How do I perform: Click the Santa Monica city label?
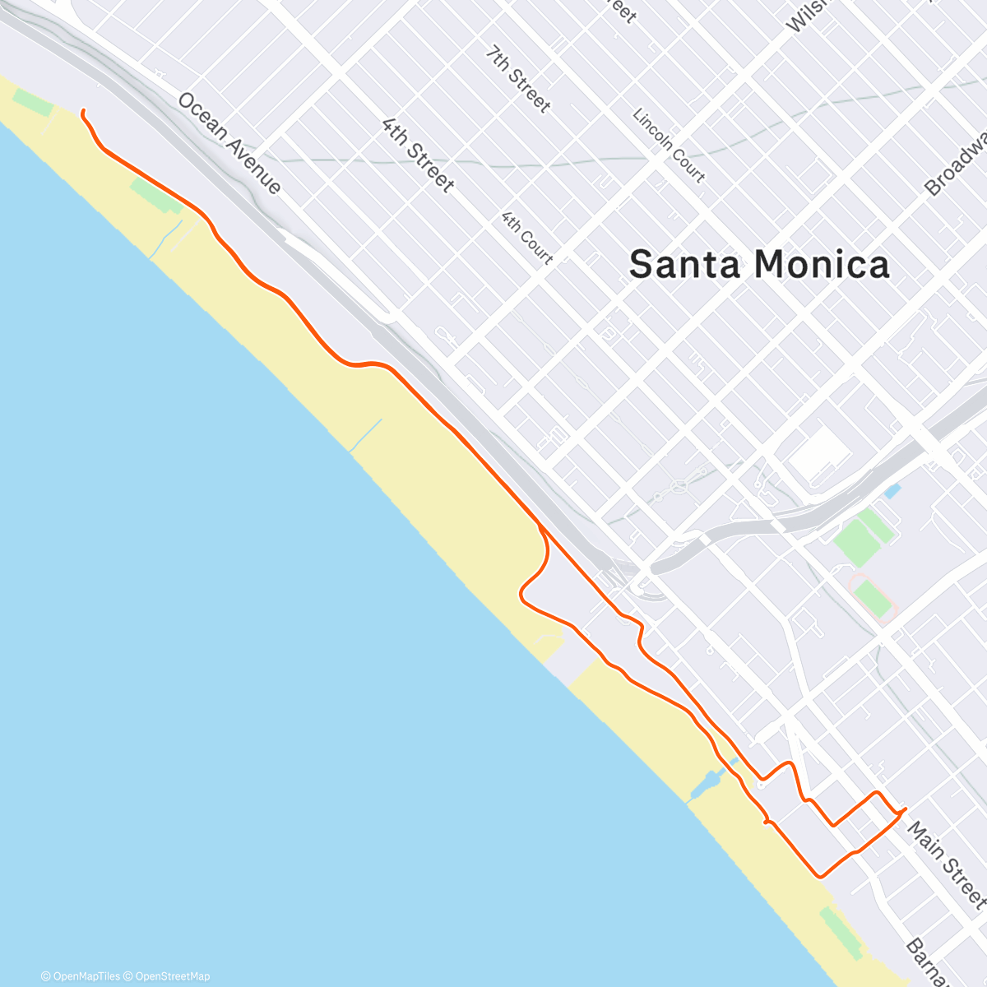758,265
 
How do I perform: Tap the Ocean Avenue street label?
229,143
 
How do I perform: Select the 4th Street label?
418,155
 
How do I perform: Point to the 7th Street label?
517,78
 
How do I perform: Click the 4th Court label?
527,238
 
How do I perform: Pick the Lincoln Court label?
669,145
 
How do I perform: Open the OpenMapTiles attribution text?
81,976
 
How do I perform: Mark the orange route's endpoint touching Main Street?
906,809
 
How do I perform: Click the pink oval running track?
873,597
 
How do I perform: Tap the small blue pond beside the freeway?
892,492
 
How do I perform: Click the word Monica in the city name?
822,265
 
